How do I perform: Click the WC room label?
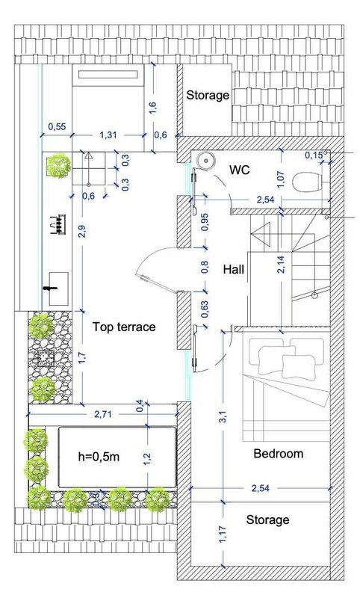tap(240, 170)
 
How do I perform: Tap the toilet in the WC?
tap(307, 182)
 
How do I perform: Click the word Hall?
tap(234, 270)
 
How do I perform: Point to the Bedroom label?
tap(279, 454)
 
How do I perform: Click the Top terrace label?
tap(124, 327)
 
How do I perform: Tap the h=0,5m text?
tap(99, 457)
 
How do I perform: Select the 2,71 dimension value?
tap(104, 414)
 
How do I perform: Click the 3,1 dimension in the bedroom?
tap(224, 416)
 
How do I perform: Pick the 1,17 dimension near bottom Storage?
tap(224, 534)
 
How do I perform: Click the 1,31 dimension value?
tap(108, 135)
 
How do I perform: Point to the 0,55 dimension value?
tap(57, 126)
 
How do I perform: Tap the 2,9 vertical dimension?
tap(82, 232)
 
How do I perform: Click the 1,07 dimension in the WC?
tap(281, 179)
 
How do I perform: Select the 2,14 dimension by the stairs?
tap(281, 265)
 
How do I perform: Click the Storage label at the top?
tap(208, 95)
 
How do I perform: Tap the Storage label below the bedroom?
tap(267, 520)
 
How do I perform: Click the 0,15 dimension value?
tap(314, 155)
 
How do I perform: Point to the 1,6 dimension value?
tap(153, 107)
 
